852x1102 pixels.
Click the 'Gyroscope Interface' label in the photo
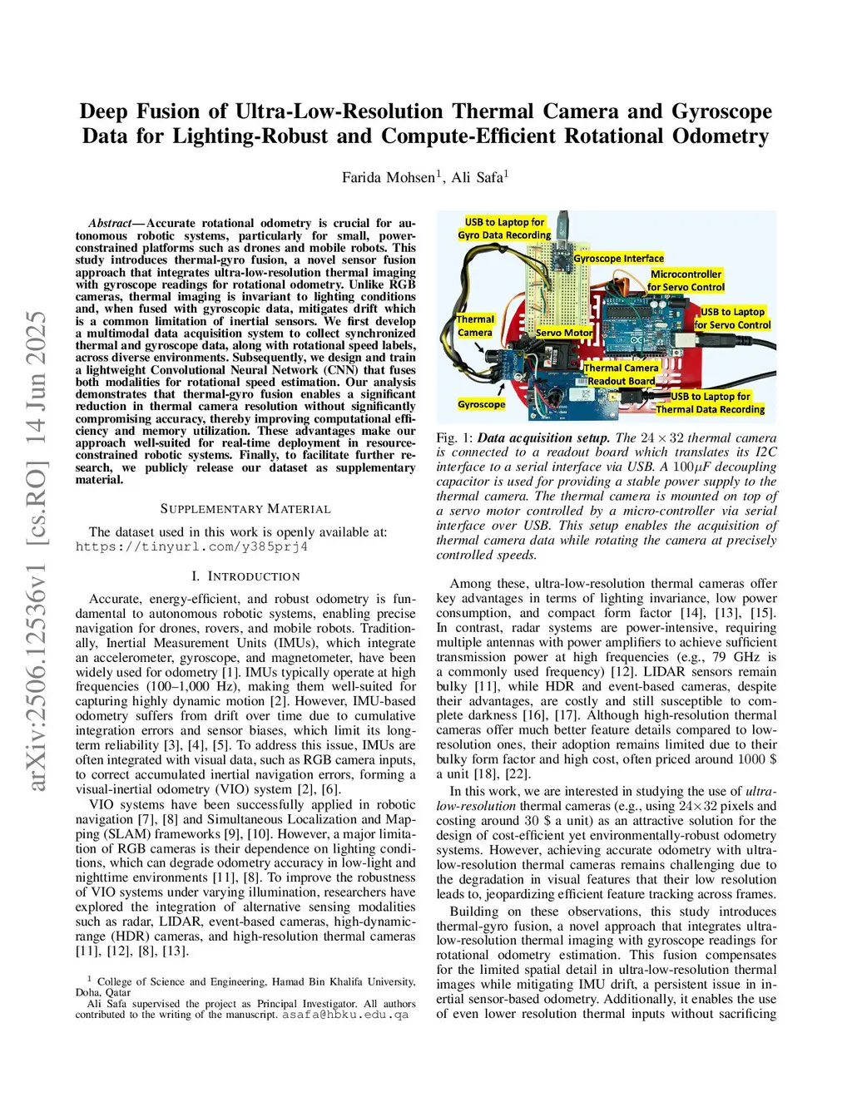click(618, 259)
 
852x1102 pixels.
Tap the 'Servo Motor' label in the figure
click(564, 333)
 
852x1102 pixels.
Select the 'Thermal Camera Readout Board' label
click(621, 374)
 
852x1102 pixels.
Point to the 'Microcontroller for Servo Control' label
click(686, 280)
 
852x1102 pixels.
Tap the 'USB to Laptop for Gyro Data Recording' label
click(504, 229)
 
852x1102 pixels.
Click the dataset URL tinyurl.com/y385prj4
click(191, 547)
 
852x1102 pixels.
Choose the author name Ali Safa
click(479, 177)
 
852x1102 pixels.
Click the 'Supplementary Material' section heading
click(245, 509)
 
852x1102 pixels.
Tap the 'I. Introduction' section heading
click(245, 576)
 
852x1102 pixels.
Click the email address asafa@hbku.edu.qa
click(345, 1015)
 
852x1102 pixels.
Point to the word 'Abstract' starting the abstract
click(110, 224)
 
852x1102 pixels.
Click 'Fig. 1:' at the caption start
click(454, 438)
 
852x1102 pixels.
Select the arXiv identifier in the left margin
click(37, 549)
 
